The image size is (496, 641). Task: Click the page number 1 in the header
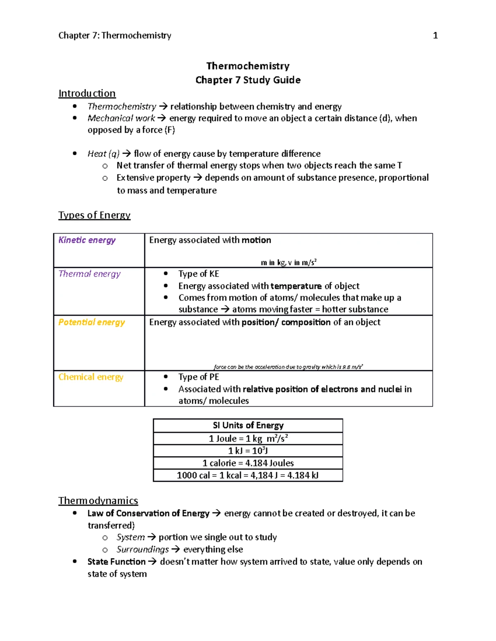tap(435, 35)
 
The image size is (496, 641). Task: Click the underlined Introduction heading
tap(87, 93)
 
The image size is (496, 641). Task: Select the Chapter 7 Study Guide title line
tap(248, 80)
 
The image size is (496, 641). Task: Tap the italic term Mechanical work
tap(121, 118)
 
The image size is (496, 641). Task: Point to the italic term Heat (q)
tap(103, 154)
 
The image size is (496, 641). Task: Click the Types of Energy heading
tap(94, 215)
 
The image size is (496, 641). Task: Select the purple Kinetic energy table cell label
tap(87, 240)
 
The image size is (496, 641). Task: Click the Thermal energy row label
tap(89, 274)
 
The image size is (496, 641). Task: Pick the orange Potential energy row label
tap(91, 322)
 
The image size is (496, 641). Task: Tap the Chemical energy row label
tap(91, 377)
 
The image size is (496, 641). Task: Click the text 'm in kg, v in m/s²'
tap(289, 263)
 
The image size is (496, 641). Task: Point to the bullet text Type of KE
tap(198, 274)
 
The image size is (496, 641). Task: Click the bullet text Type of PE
tap(198, 377)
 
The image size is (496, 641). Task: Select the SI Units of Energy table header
tap(248, 426)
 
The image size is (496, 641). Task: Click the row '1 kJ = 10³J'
tap(248, 451)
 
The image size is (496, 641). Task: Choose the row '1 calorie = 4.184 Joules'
tap(248, 463)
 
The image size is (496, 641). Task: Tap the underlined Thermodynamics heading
tap(98, 501)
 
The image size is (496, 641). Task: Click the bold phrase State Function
tap(116, 562)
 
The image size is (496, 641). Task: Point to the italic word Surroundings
tap(143, 550)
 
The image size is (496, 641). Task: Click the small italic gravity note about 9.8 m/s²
tap(289, 367)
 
